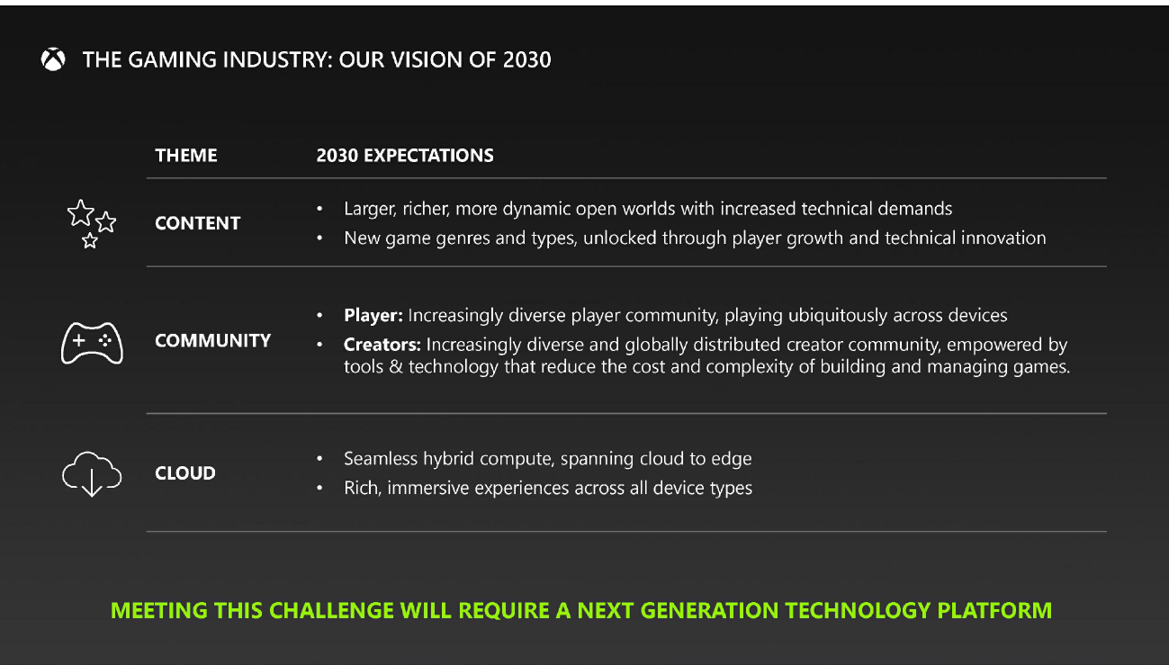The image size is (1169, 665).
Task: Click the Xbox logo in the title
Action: [53, 60]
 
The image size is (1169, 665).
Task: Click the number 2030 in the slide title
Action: [527, 60]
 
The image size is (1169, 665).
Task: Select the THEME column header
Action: [186, 156]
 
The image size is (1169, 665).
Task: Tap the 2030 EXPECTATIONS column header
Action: [405, 156]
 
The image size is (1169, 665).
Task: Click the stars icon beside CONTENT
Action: [91, 223]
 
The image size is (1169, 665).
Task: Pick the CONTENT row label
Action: [198, 223]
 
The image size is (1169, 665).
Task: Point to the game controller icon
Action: [92, 342]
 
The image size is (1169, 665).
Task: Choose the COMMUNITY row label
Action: [213, 341]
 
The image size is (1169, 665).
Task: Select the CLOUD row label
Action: [185, 473]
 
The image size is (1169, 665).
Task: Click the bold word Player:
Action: [373, 316]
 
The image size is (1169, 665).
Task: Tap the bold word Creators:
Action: [382, 345]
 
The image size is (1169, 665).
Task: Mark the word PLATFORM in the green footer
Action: [994, 610]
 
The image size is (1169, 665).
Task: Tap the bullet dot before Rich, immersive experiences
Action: [320, 489]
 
